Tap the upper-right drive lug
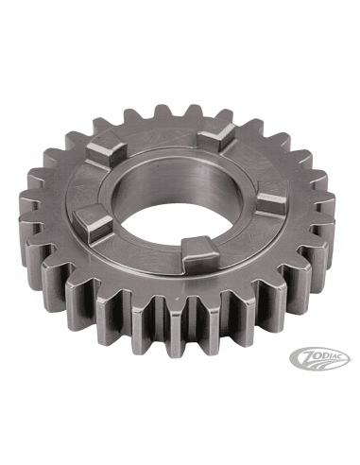[217, 136]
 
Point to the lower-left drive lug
[94, 221]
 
